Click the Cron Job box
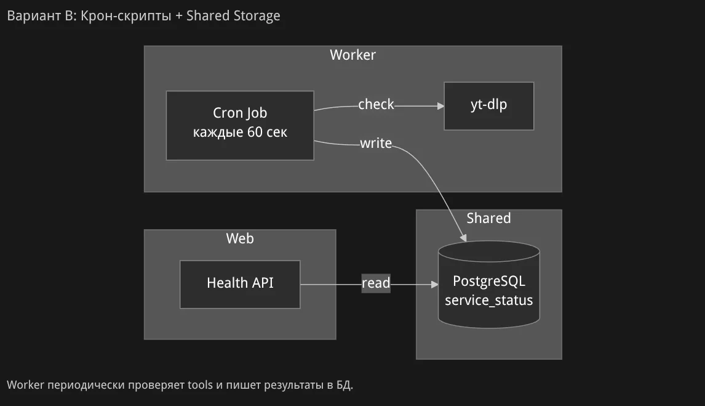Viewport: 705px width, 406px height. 240,125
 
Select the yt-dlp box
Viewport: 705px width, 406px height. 488,105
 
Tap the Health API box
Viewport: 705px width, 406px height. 240,283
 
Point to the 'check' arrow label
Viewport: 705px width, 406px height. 376,105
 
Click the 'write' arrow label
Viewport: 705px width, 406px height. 376,144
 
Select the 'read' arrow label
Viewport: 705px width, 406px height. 376,283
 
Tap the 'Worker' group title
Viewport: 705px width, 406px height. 352,55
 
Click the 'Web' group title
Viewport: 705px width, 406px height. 240,238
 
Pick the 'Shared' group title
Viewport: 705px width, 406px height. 488,219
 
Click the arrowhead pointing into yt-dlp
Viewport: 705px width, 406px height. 440,106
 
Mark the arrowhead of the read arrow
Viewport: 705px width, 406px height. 434,285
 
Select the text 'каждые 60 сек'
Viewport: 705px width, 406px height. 240,132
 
